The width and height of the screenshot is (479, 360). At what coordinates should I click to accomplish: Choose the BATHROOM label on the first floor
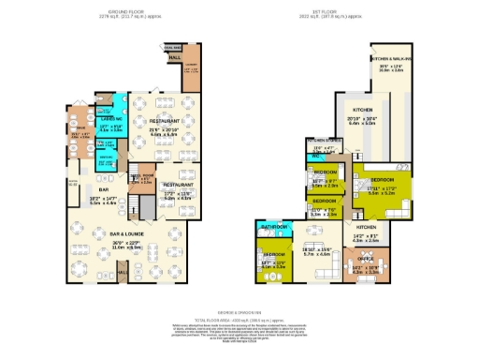click(x=273, y=227)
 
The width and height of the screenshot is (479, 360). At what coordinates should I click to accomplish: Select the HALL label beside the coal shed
click(x=175, y=57)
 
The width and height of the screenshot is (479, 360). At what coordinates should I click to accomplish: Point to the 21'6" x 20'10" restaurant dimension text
click(x=165, y=129)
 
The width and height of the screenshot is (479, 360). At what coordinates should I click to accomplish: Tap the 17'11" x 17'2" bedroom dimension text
click(x=381, y=189)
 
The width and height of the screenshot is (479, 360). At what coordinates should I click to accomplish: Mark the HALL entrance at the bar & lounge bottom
click(x=121, y=275)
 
